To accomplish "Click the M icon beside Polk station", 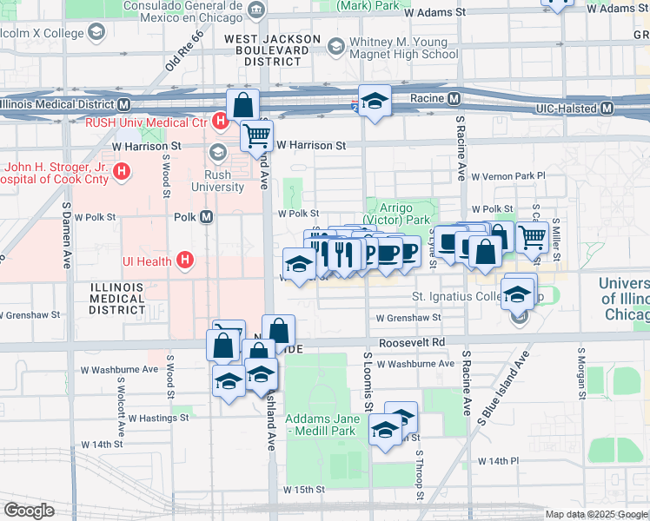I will coord(207,217).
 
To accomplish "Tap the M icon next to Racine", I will coord(454,100).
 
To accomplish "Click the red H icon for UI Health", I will coord(183,260).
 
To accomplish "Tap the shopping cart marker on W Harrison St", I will coord(257,135).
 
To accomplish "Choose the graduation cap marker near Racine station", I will coord(375,101).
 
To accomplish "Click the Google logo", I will coord(29,511).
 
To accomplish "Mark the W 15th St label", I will coord(303,490).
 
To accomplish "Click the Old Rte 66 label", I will coord(183,51).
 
